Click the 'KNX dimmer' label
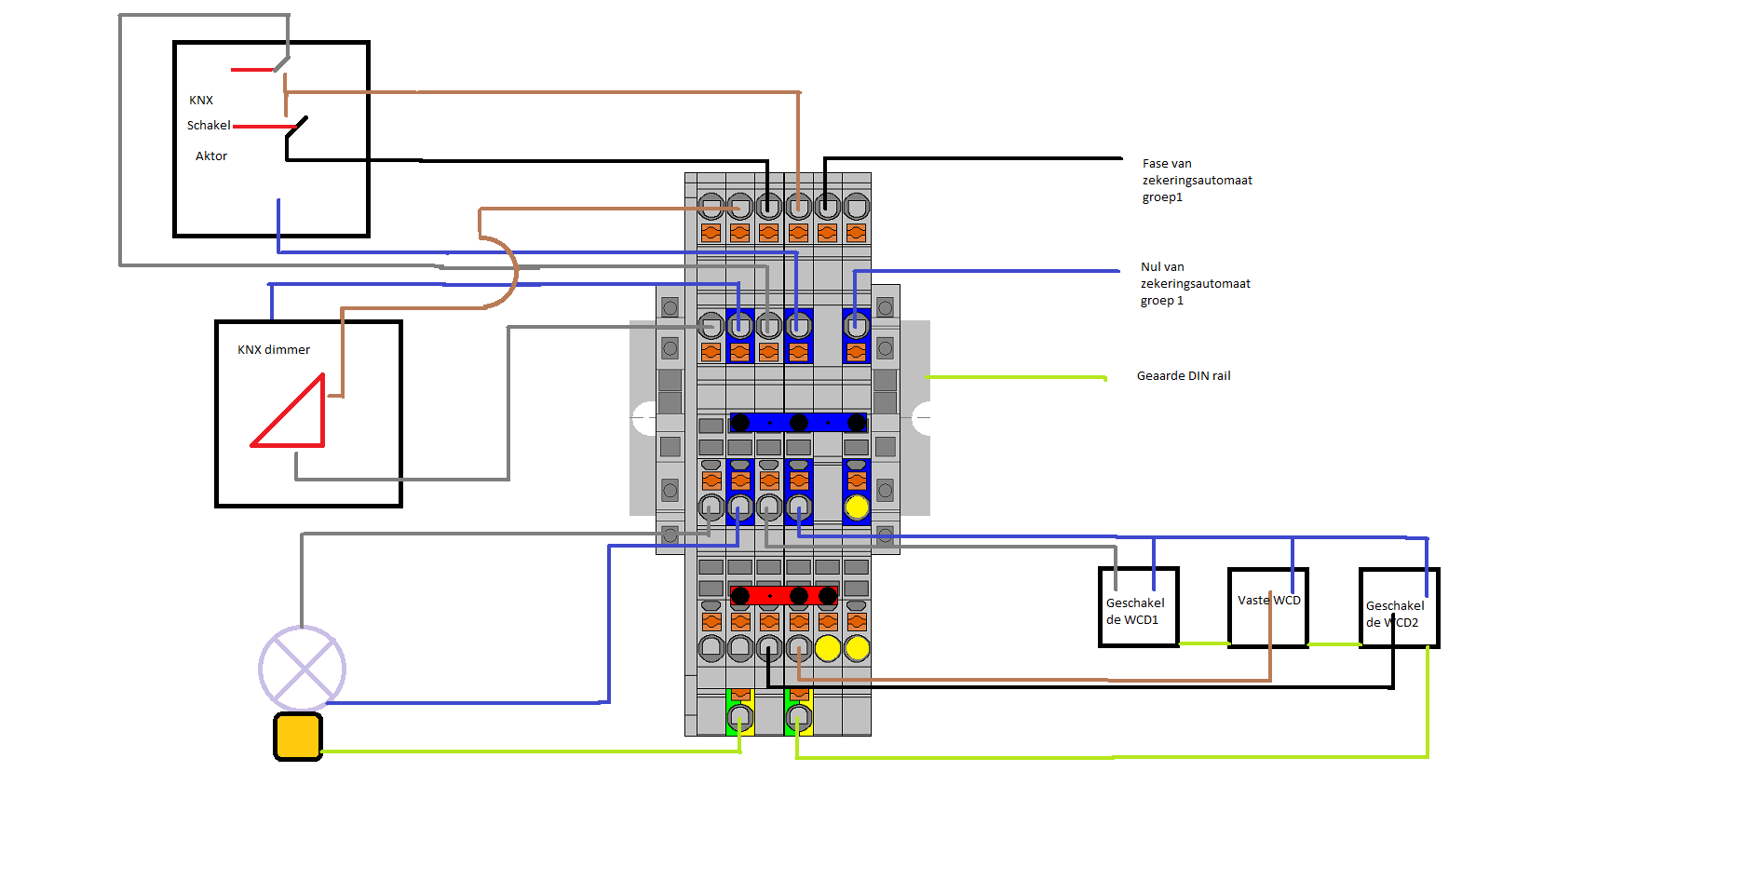[273, 350]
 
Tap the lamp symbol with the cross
[302, 668]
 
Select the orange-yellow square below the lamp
[298, 737]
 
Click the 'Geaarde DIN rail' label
[1183, 376]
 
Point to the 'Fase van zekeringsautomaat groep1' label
[1197, 180]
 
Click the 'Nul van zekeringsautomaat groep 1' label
[1195, 283]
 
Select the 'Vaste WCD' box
[1268, 607]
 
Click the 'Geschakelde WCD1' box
[1138, 607]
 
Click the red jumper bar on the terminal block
[783, 595]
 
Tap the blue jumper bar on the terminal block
[798, 423]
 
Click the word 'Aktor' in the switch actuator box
[211, 156]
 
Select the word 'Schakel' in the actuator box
[209, 126]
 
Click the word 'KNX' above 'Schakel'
[201, 101]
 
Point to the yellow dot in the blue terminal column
[856, 508]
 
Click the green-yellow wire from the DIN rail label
[1015, 377]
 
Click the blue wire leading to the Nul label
[987, 271]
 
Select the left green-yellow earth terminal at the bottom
[739, 717]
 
